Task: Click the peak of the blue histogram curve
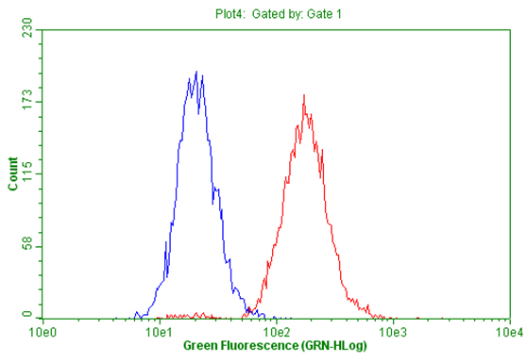click(195, 72)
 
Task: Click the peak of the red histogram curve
click(303, 94)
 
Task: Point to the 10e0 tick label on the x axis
click(43, 333)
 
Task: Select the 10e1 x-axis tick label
click(160, 333)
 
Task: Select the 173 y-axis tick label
click(27, 102)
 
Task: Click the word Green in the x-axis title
click(199, 347)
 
